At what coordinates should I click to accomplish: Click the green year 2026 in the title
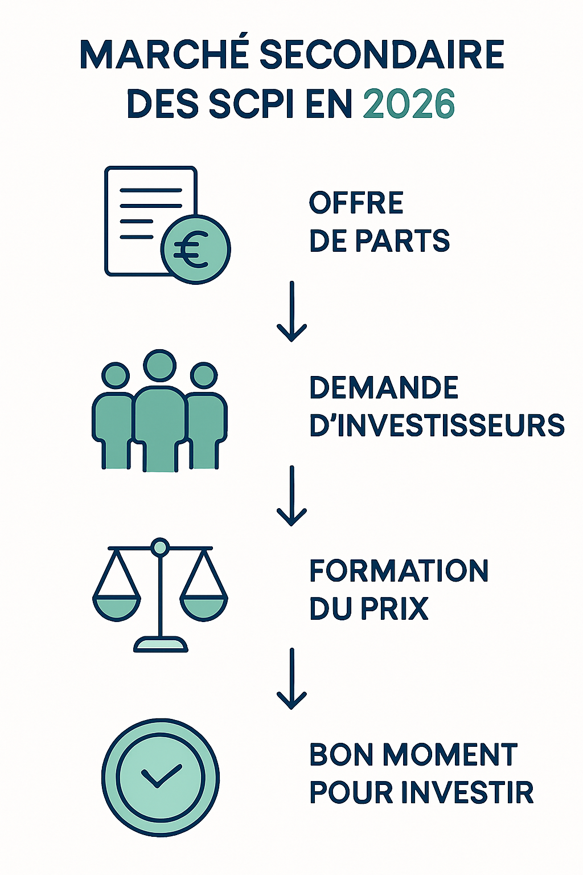408,104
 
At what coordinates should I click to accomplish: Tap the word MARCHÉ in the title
165,55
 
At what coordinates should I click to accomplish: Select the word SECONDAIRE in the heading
381,55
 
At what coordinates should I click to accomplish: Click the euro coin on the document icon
195,250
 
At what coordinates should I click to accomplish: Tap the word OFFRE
356,203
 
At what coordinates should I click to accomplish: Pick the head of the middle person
159,365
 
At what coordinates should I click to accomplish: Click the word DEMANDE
384,388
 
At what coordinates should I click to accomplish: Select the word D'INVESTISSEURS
437,426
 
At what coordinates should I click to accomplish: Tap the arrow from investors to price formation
291,496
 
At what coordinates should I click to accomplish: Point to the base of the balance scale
161,645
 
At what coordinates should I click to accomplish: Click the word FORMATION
399,571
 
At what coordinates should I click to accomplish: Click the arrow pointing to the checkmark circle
291,679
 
